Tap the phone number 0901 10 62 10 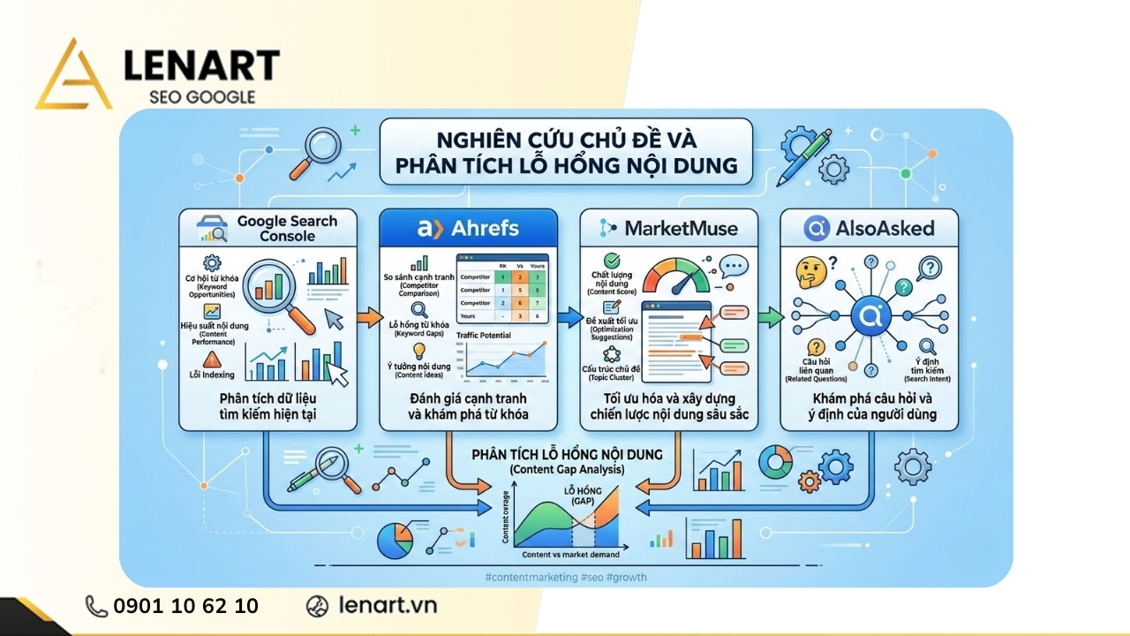click(x=185, y=606)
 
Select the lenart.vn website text click(x=388, y=606)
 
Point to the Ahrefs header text click(x=480, y=228)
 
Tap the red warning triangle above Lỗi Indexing click(x=212, y=359)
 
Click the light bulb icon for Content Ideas click(x=419, y=351)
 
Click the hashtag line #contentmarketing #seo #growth click(x=566, y=577)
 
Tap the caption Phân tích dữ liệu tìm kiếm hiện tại click(x=268, y=405)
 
